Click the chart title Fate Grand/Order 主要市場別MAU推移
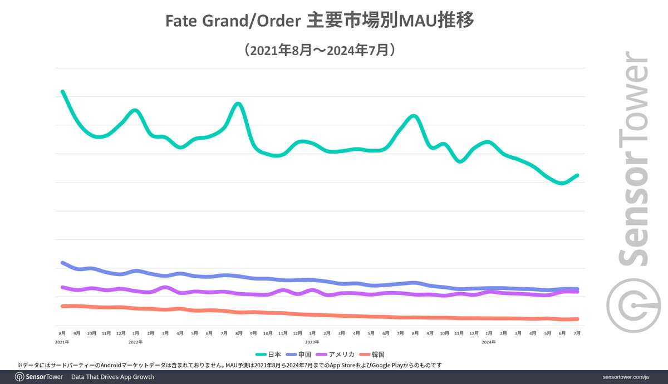[320, 22]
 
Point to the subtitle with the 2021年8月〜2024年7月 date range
[320, 51]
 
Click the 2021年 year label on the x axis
[62, 342]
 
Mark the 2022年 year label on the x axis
[136, 342]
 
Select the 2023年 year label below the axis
[312, 342]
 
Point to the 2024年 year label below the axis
[488, 342]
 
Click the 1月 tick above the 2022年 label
[136, 333]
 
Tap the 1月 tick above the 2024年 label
[488, 333]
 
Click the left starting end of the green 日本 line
[62, 91]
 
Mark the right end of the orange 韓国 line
[577, 319]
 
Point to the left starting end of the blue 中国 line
[62, 262]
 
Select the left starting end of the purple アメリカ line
[62, 287]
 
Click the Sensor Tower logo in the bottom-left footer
[38, 377]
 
